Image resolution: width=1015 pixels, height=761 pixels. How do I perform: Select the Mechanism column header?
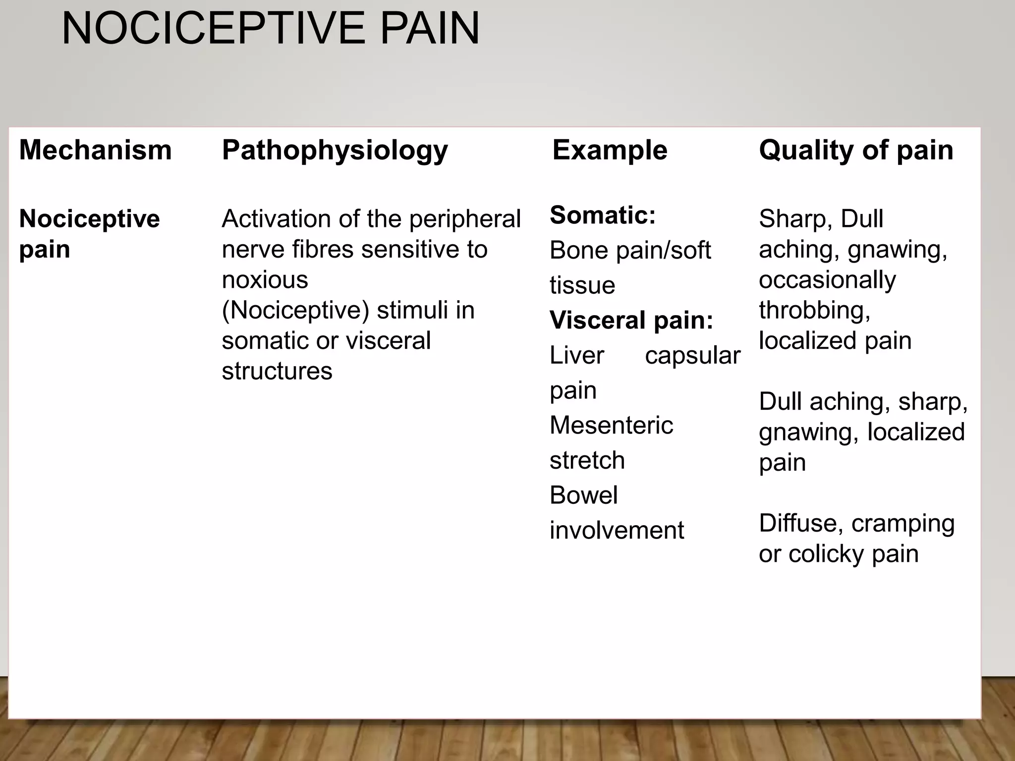point(95,150)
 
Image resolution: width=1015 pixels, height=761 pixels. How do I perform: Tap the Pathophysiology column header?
point(335,151)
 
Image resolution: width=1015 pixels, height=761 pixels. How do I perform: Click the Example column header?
point(610,150)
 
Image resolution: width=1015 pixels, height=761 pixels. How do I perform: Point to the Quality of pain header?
point(856,150)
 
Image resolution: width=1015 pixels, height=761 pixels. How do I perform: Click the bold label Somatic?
point(603,215)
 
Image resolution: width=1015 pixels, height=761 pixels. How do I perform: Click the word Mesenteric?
point(611,425)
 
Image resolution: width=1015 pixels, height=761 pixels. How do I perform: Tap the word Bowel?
point(583,495)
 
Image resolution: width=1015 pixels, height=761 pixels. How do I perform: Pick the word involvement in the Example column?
point(617,530)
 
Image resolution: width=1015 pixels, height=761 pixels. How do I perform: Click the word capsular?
point(692,356)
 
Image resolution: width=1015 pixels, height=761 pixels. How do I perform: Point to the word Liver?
point(577,355)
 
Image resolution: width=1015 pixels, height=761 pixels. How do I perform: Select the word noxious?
point(265,280)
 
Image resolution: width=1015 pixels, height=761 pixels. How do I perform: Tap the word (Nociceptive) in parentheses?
point(295,311)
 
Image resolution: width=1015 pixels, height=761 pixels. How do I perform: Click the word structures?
point(277,371)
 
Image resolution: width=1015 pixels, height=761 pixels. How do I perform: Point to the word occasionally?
point(827,280)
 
